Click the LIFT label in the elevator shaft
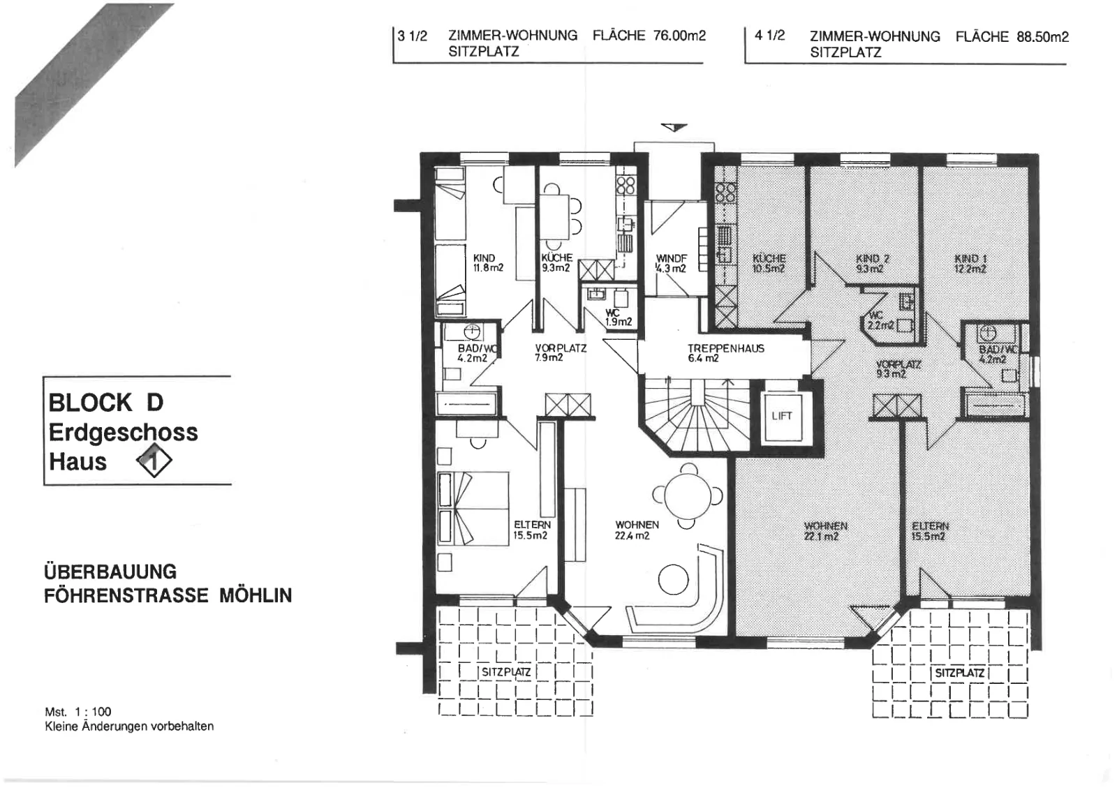point(781,416)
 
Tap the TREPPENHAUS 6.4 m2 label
point(725,353)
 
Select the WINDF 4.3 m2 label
point(671,264)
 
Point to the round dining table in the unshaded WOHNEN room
point(688,495)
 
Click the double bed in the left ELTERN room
point(473,508)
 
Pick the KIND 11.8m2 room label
point(488,262)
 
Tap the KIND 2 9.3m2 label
point(872,264)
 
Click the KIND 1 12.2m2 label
point(970,264)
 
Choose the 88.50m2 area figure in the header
point(1043,37)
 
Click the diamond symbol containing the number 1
point(154,460)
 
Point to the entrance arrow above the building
point(674,127)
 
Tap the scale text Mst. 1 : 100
point(78,712)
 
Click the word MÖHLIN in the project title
point(256,595)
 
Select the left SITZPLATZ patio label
point(505,672)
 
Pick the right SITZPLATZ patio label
point(959,673)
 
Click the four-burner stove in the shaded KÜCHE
point(725,193)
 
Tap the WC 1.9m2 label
point(618,318)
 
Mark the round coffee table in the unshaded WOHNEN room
point(673,580)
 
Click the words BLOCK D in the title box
point(105,403)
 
